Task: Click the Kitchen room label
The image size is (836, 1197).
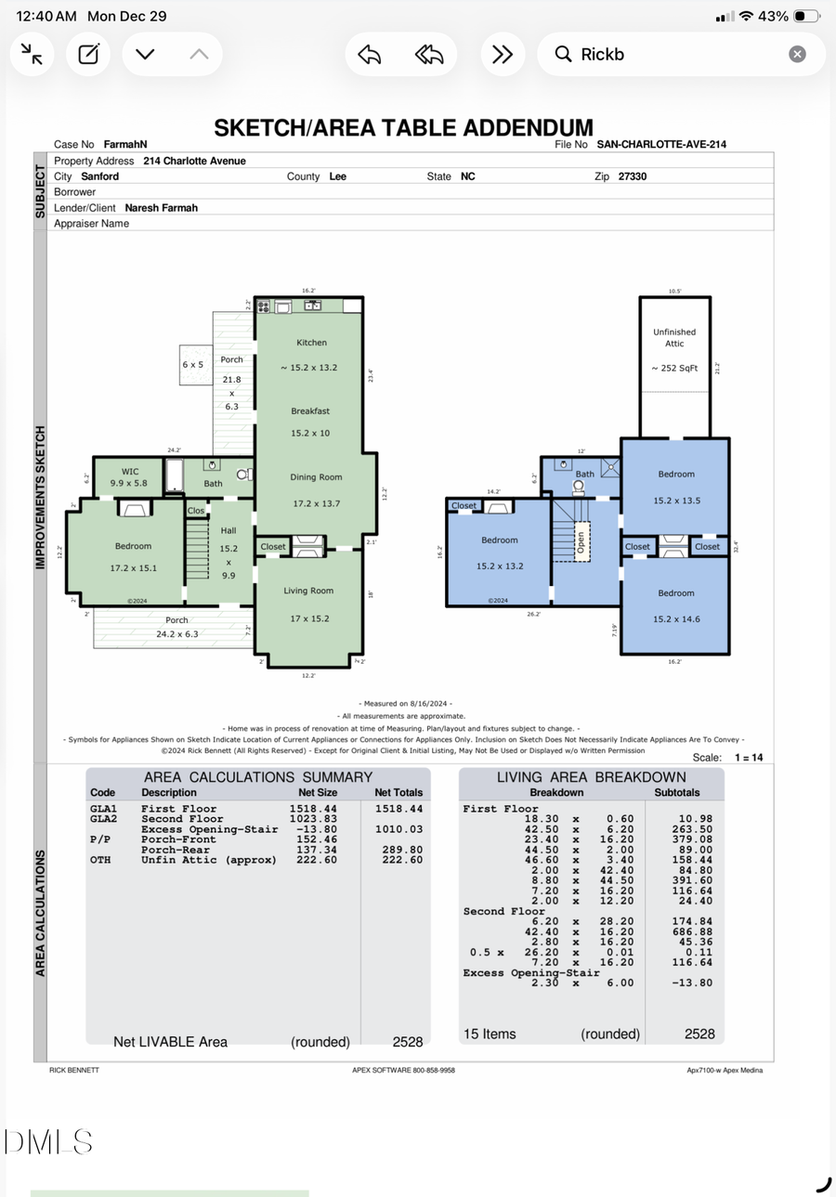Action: click(x=311, y=343)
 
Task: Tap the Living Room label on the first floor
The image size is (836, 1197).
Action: click(x=308, y=591)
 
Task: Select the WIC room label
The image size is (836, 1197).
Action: click(x=130, y=472)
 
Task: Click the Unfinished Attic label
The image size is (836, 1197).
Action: click(x=674, y=337)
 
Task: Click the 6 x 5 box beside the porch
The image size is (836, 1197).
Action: click(x=192, y=365)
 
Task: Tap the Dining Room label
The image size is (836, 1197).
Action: click(x=316, y=477)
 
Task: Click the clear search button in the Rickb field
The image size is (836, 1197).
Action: click(x=797, y=54)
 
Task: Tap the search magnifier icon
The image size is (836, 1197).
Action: click(x=563, y=54)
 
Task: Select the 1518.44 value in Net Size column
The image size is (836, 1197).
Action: click(x=314, y=809)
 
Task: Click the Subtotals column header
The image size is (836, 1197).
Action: click(x=677, y=793)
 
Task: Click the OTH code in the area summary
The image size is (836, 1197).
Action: click(x=100, y=860)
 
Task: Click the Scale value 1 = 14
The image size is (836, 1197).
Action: click(x=748, y=758)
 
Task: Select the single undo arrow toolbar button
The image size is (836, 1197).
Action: click(x=370, y=54)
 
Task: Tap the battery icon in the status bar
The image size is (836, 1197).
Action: click(x=806, y=17)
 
